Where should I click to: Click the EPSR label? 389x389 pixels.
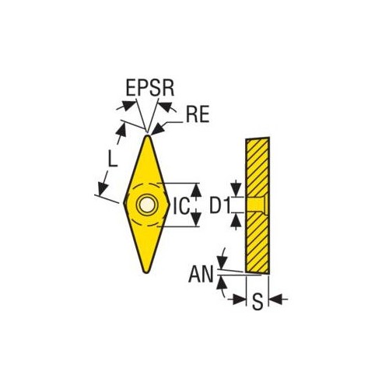(x=150, y=88)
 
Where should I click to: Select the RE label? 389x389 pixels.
(x=198, y=114)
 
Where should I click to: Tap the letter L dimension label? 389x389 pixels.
(x=112, y=159)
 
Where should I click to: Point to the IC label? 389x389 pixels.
(x=180, y=206)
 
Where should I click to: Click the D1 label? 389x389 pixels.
(x=219, y=205)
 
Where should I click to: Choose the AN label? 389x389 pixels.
(x=201, y=275)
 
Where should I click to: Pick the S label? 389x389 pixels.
(x=258, y=302)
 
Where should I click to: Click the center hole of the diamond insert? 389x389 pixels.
(x=147, y=205)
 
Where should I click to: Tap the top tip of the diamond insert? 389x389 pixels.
(x=148, y=135)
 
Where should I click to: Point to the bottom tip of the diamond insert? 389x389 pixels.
(x=146, y=272)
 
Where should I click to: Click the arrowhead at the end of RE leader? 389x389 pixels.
(x=157, y=129)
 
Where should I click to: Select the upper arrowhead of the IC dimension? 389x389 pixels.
(x=196, y=190)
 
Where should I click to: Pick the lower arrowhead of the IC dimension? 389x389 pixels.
(x=196, y=219)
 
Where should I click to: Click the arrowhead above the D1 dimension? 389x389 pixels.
(x=236, y=190)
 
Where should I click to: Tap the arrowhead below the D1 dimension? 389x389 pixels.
(x=236, y=219)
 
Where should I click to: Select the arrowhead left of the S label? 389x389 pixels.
(x=239, y=300)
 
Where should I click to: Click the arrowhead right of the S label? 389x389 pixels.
(x=275, y=300)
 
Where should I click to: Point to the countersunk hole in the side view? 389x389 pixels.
(x=256, y=205)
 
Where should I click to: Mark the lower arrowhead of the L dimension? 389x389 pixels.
(x=103, y=189)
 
